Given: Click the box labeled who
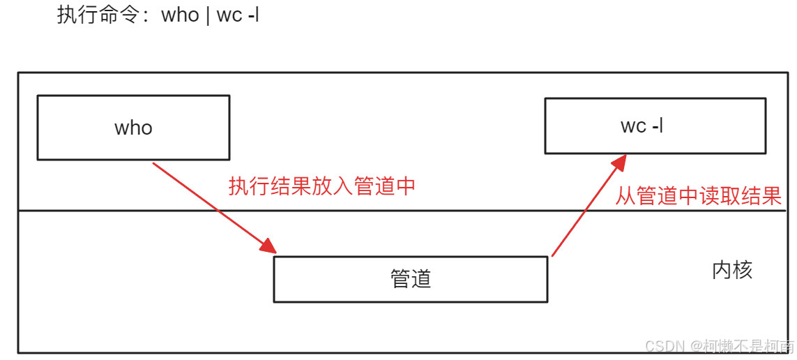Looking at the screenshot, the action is click(x=133, y=128).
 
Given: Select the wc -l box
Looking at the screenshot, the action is click(x=655, y=126).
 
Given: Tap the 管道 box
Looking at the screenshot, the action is click(x=410, y=279).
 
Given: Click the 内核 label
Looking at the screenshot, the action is click(x=732, y=271).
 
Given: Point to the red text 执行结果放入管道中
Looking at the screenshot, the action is click(x=322, y=186).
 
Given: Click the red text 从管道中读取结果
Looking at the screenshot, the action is click(x=698, y=196).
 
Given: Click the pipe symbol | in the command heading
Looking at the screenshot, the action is click(x=207, y=15).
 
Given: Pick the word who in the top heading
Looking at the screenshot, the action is click(x=180, y=15).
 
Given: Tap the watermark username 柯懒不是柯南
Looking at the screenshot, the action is click(x=748, y=346).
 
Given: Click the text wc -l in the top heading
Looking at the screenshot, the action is click(x=238, y=15).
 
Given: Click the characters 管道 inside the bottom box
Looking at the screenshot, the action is click(x=410, y=279).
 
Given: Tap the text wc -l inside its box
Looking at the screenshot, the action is click(x=642, y=126).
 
